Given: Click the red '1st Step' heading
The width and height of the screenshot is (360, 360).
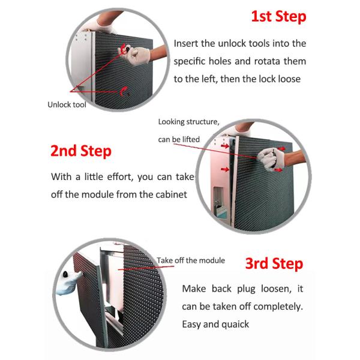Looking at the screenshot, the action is pos(279,17).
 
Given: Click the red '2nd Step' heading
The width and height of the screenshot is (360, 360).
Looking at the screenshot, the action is pos(81,151).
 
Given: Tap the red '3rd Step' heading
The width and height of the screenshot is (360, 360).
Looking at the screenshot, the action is pos(274,263).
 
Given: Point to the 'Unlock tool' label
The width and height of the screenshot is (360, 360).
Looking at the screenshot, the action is pos(67,104).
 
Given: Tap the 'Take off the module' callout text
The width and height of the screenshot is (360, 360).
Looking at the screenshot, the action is pos(191,260).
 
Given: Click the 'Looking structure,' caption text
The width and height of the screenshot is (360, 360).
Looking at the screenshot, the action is pos(189,122).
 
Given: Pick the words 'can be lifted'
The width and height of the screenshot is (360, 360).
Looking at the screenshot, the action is pos(179,139).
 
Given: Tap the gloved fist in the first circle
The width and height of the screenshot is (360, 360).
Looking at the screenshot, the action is pos(136,55).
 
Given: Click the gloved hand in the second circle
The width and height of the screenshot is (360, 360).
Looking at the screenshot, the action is pos(271,159).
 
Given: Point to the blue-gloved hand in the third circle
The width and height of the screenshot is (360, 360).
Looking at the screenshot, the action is pos(68,283).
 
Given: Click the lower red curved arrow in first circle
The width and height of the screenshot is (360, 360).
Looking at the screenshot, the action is pos(123,91).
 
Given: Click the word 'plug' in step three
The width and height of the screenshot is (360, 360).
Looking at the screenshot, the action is pos(246,289).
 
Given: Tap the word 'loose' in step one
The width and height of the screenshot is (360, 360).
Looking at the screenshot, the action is pos(289,79).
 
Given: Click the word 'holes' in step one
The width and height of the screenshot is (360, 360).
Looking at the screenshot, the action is pos(218,61).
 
